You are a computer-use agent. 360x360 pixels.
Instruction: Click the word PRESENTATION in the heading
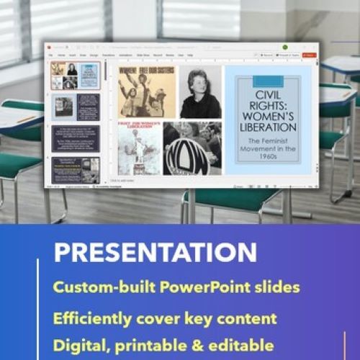pos(155,252)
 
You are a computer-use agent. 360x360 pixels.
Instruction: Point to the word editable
pos(238,343)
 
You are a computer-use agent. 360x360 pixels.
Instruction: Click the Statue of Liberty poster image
pos(140,148)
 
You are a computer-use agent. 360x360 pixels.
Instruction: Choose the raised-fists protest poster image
pos(146,91)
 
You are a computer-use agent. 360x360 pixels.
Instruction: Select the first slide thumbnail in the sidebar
pos(76,76)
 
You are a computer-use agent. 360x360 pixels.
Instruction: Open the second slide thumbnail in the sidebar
pos(76,107)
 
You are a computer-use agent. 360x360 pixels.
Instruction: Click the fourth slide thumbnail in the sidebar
pos(76,170)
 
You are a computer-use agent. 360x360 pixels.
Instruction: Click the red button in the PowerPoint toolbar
pos(309,55)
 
